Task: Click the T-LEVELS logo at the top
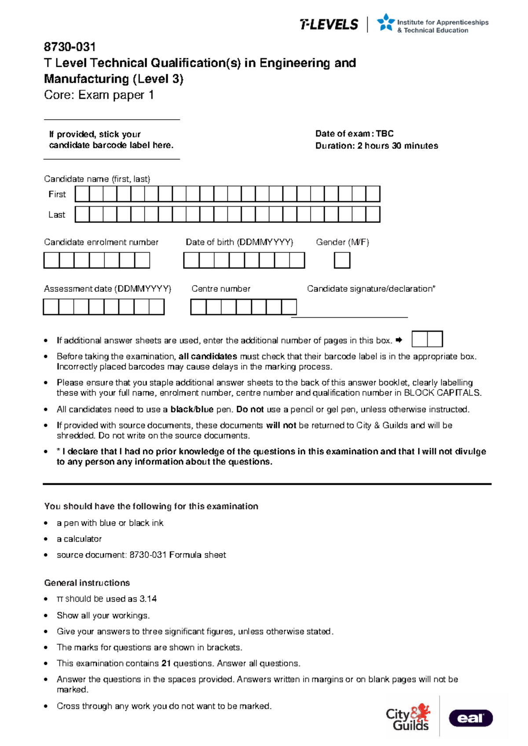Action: [329, 25]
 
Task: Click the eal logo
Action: [470, 718]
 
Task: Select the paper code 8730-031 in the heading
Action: [70, 47]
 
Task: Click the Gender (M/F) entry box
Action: [342, 260]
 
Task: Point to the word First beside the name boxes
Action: [57, 194]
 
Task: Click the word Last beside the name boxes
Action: [57, 215]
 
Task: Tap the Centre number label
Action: [220, 289]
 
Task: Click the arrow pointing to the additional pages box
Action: [399, 340]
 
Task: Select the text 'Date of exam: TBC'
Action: [354, 134]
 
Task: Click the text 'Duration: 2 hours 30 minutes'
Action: [376, 146]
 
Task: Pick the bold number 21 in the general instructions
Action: [166, 663]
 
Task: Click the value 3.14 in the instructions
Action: [148, 599]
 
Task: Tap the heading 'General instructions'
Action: [87, 583]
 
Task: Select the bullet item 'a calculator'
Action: [79, 539]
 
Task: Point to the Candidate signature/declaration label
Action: [371, 289]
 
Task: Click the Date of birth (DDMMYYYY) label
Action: [239, 242]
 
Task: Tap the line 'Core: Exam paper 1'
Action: [99, 95]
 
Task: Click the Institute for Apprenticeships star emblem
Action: [386, 22]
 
